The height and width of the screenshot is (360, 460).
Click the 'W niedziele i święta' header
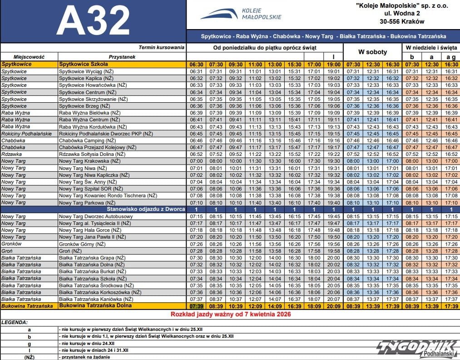click(x=431, y=47)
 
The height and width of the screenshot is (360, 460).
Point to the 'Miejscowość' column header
click(x=29, y=57)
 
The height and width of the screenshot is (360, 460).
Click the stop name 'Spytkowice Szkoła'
click(x=83, y=65)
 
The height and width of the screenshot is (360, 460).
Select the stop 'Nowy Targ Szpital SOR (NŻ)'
click(x=91, y=189)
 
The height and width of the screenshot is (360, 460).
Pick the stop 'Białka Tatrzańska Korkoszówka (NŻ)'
click(x=100, y=292)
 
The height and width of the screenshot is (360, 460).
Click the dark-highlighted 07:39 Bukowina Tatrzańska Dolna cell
click(x=196, y=306)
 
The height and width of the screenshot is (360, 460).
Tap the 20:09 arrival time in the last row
click(x=333, y=306)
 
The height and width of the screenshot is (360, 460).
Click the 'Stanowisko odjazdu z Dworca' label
click(x=146, y=209)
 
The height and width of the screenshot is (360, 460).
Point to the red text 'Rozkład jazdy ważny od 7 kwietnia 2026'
click(x=230, y=314)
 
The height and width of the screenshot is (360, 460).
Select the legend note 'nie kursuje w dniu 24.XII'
click(x=90, y=344)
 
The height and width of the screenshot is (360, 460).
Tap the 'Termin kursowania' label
click(x=162, y=47)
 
